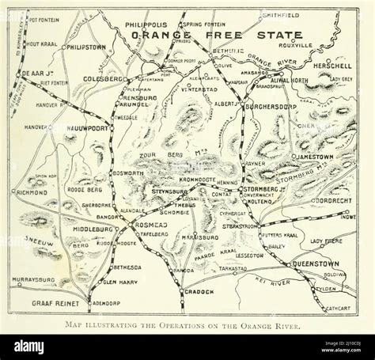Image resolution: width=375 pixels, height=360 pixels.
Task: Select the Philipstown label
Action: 85,47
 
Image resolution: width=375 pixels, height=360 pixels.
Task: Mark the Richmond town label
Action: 32,191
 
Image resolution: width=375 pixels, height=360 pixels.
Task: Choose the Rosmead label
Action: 150,225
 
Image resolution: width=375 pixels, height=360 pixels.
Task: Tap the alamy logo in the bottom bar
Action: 28,347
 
